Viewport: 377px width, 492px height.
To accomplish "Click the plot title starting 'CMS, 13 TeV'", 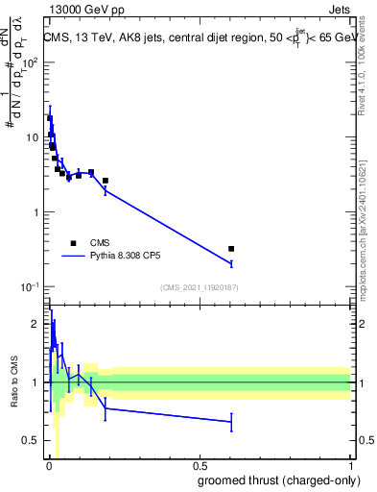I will [198, 37].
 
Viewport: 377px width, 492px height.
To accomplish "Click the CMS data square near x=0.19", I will [106, 181].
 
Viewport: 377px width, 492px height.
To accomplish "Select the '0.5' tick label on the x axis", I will [200, 466].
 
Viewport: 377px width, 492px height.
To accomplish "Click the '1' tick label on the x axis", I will [350, 466].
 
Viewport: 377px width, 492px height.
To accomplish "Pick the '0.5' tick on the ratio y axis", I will [32, 440].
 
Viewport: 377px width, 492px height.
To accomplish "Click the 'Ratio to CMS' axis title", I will [14, 381].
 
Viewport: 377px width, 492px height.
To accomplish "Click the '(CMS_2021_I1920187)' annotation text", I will [199, 287].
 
